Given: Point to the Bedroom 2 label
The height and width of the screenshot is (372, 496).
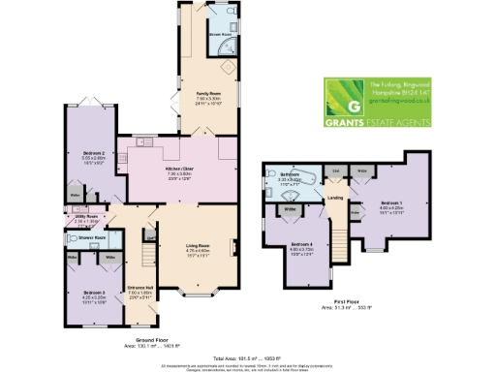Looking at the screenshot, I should [x=86, y=154].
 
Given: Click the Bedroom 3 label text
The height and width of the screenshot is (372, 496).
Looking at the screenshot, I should [x=93, y=293].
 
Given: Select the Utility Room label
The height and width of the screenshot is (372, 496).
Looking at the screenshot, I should [x=87, y=218].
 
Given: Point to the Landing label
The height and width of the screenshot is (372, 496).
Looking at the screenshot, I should [x=336, y=201].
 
